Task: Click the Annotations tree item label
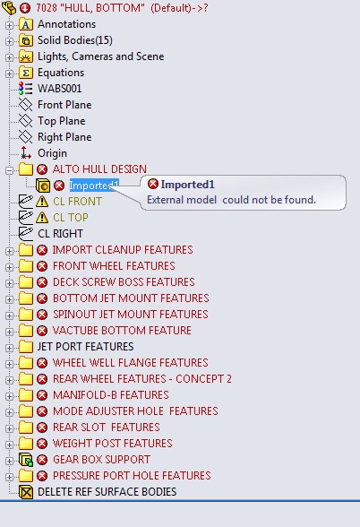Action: coord(66,24)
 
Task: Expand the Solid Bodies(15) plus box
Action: coord(9,41)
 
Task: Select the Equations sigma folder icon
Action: coord(26,73)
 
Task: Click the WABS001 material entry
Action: coord(59,89)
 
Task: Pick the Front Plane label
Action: coord(64,105)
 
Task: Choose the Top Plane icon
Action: coord(25,121)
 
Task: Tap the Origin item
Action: coord(52,153)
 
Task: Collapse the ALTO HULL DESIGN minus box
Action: coord(9,170)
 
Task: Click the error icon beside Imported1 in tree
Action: coord(59,186)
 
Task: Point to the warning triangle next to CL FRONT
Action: coord(42,202)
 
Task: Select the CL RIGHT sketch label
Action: coord(60,234)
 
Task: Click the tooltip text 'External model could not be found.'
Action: coord(231,200)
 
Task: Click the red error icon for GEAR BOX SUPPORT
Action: coord(42,460)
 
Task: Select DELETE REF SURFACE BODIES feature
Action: coord(107,492)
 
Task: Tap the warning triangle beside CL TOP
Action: coord(42,218)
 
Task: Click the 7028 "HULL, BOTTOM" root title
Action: coord(122,8)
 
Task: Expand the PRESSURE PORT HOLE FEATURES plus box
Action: coord(9,477)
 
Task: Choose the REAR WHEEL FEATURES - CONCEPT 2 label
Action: coord(142,379)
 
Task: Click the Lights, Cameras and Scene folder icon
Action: coord(26,56)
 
